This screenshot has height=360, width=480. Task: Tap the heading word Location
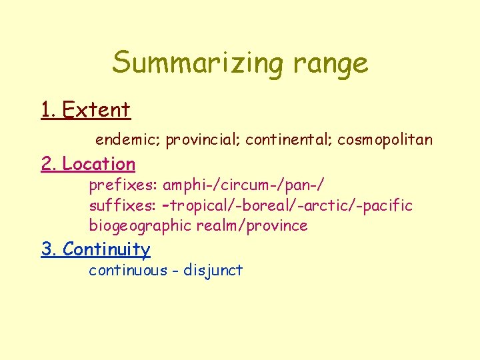[x=99, y=164]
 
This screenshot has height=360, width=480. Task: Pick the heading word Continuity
[x=106, y=249]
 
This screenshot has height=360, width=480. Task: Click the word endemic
[x=128, y=140]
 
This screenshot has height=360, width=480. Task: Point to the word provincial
[x=203, y=141]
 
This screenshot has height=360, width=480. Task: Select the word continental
[x=288, y=140]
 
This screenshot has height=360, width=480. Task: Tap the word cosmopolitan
[x=385, y=141]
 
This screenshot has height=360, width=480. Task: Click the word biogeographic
[x=140, y=226]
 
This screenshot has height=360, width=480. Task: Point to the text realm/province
[x=252, y=226]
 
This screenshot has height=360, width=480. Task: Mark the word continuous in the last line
[x=128, y=270]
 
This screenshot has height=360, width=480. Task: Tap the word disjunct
[x=213, y=271]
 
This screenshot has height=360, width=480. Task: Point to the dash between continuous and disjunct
[x=176, y=271]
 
